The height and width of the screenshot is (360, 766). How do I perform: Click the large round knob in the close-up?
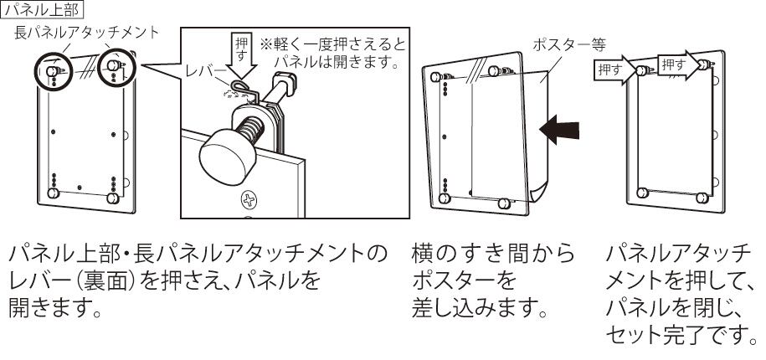click(224, 151)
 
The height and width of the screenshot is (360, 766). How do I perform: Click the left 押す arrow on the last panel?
click(616, 69)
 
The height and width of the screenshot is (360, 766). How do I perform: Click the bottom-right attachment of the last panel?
click(702, 200)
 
